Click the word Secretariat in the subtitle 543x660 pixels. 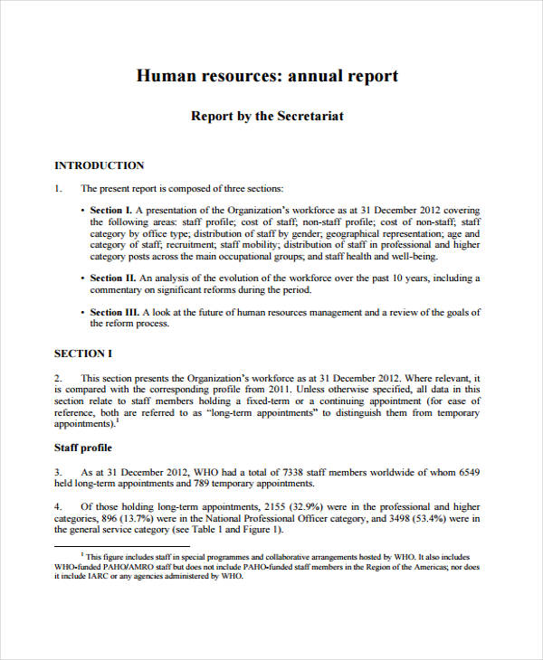308,117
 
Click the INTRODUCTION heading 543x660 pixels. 99,165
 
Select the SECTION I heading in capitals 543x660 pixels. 83,354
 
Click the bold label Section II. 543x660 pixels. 113,278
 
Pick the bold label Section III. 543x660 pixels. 115,312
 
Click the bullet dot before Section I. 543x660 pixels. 82,210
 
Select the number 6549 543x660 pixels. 465,472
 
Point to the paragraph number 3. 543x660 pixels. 57,472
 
